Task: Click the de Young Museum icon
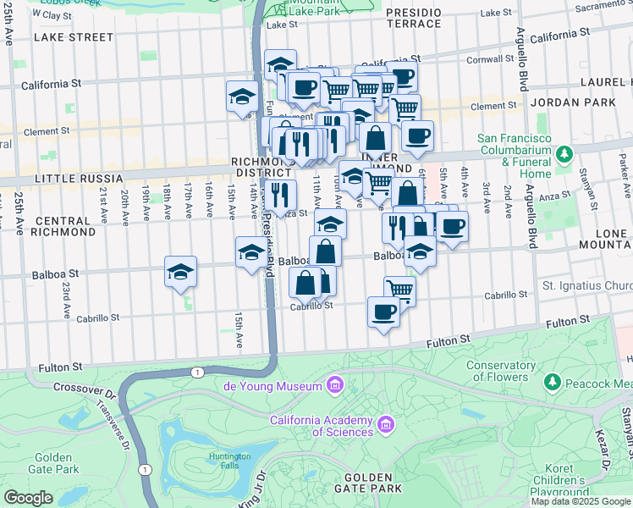[335, 386]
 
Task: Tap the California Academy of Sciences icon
[386, 422]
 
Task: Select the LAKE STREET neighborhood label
[73, 37]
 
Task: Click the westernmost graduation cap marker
[180, 272]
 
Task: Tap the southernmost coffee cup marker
[383, 312]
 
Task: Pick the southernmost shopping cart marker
[400, 290]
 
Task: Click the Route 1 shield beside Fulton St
[197, 372]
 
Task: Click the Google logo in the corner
[29, 498]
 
